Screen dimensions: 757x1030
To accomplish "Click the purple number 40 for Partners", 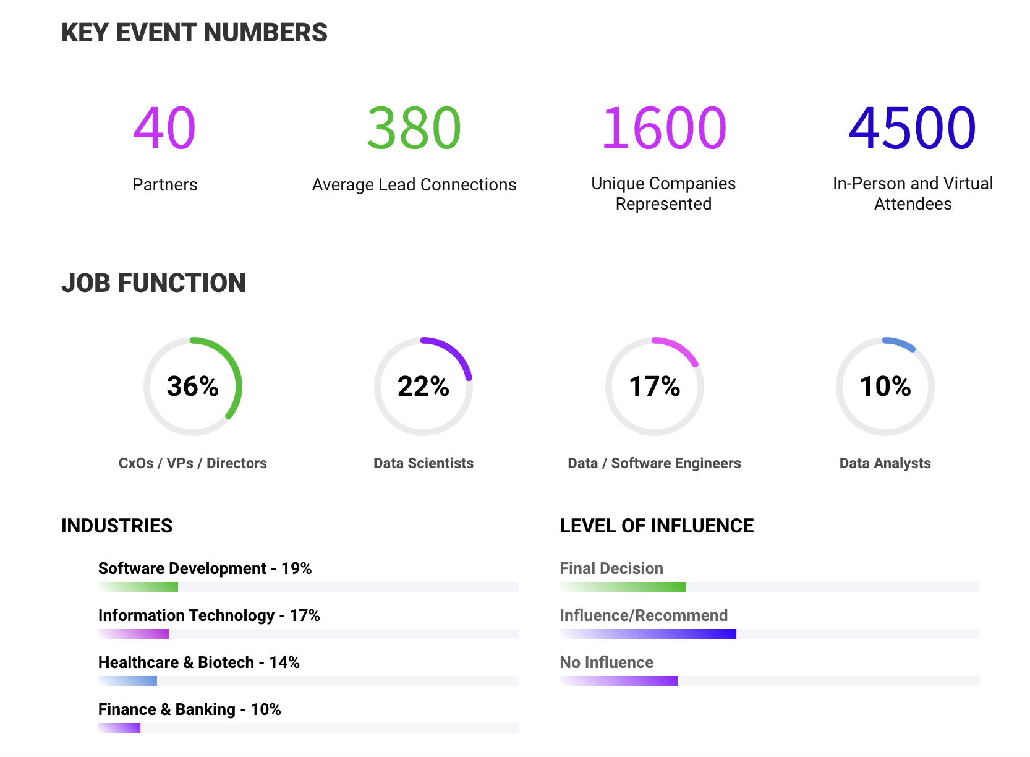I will click(164, 128).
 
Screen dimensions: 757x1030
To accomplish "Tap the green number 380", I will click(414, 128).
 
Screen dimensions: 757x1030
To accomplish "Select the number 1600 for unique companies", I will click(663, 128).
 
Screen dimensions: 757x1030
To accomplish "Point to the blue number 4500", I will click(912, 128).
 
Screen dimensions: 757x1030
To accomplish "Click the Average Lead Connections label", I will click(414, 185).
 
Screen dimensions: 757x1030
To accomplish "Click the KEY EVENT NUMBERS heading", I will click(194, 33).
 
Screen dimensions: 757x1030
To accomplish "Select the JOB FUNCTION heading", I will click(153, 283).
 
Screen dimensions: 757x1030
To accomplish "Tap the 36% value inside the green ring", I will click(192, 387).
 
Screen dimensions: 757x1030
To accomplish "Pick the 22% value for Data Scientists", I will click(423, 387).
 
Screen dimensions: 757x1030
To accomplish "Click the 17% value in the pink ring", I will click(654, 387).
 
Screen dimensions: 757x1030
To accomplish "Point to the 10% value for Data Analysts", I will click(885, 387).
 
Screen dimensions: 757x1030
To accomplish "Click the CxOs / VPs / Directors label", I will click(192, 463).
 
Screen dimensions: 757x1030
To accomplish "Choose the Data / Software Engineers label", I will click(654, 463).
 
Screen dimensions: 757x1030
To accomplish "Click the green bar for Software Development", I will click(138, 587).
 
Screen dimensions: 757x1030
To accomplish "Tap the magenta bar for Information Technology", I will click(134, 634).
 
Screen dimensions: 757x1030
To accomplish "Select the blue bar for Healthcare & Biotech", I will click(128, 681).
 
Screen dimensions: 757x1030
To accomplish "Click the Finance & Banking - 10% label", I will click(189, 709).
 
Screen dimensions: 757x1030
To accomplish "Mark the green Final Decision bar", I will click(623, 587).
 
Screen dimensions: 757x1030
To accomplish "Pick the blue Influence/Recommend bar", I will click(648, 634).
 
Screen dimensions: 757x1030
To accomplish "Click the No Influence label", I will click(607, 662).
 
